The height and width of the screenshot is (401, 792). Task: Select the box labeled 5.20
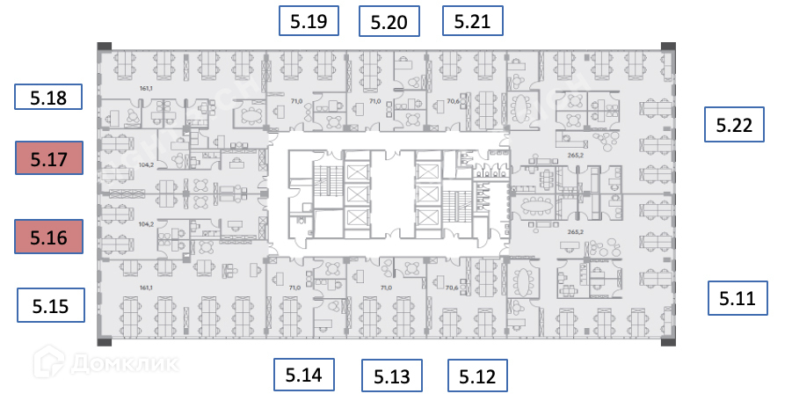pyautogui.click(x=389, y=22)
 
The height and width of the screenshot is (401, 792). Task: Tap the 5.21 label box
pyautogui.click(x=472, y=20)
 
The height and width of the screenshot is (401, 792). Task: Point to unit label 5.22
pyautogui.click(x=734, y=125)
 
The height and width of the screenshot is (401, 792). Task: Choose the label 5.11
pyautogui.click(x=738, y=298)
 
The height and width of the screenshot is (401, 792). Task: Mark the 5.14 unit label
pyautogui.click(x=304, y=375)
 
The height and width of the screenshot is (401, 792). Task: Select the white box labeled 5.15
pyautogui.click(x=51, y=306)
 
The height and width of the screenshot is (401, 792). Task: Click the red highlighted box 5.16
pyautogui.click(x=49, y=237)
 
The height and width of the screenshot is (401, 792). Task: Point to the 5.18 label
pyautogui.click(x=49, y=98)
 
